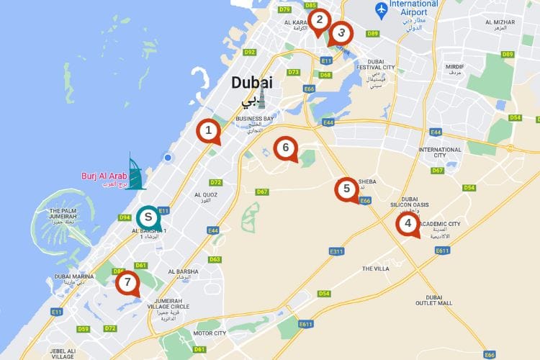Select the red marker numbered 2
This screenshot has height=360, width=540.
pyautogui.click(x=319, y=20)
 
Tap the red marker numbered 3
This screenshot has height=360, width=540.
pyautogui.click(x=341, y=32)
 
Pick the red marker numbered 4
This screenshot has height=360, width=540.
pyautogui.click(x=408, y=223)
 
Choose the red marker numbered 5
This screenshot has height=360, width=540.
pyautogui.click(x=347, y=189)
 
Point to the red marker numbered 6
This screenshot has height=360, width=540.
pyautogui.click(x=286, y=148)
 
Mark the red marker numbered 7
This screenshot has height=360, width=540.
pyautogui.click(x=127, y=282)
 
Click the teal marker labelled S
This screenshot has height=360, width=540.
pyautogui.click(x=148, y=216)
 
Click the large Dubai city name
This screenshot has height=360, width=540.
pyautogui.click(x=252, y=83)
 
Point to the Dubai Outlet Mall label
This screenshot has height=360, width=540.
pyautogui.click(x=433, y=300)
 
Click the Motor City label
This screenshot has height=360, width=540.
pyautogui.click(x=210, y=333)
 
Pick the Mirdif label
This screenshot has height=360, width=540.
pyautogui.click(x=455, y=69)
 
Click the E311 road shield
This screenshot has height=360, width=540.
pyautogui.click(x=337, y=251)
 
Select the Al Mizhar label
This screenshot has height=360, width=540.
pyautogui.click(x=500, y=22)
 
